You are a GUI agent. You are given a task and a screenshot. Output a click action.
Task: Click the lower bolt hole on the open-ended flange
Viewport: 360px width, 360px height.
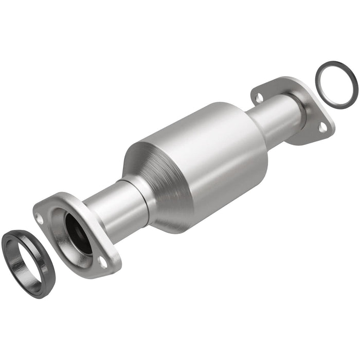102,263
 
